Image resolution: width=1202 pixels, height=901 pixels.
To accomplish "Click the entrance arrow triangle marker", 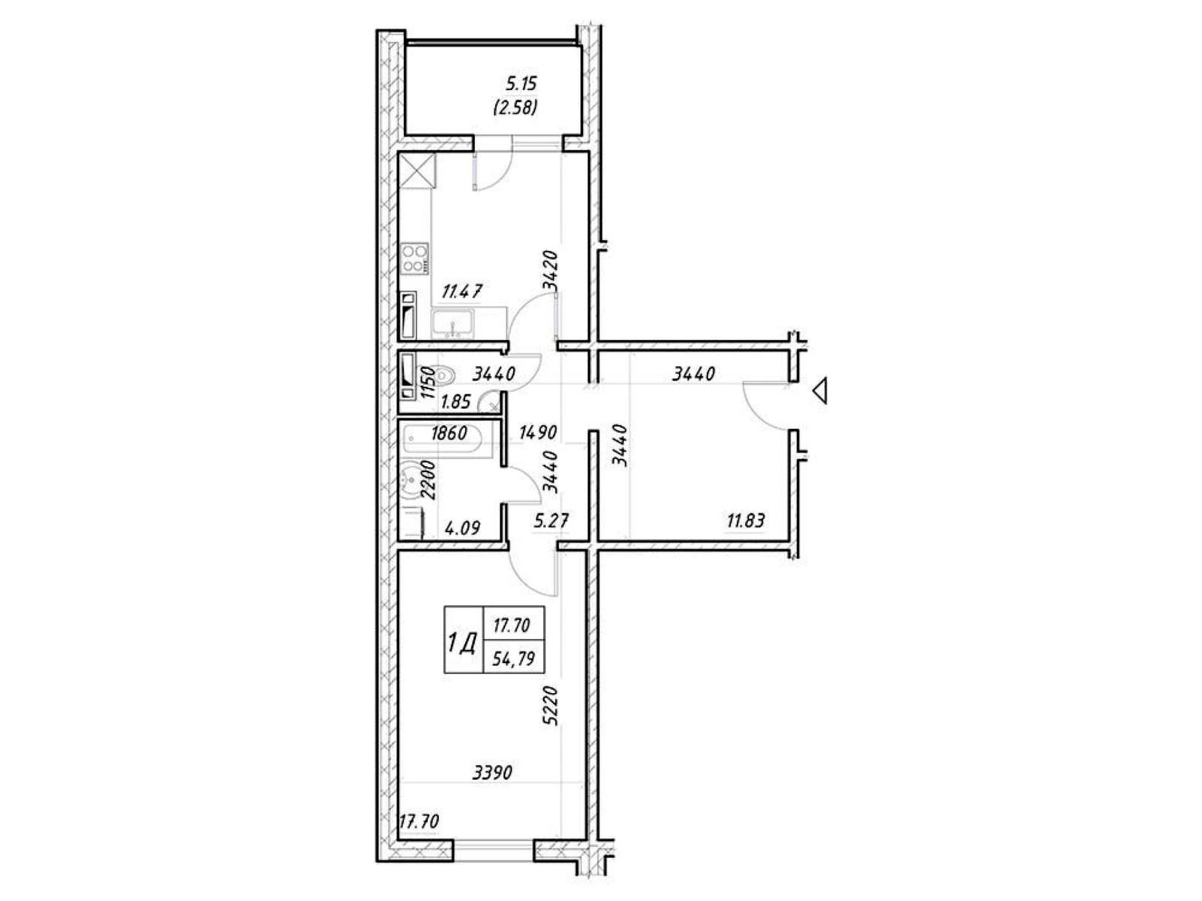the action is click(820, 391).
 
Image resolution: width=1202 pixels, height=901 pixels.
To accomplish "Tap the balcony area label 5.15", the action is click(521, 84).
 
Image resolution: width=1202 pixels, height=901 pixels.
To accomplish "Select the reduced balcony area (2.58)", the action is click(515, 107).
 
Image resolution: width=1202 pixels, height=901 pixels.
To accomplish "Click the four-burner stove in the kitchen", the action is click(415, 259).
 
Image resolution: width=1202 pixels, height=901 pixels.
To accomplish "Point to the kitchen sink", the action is click(452, 324).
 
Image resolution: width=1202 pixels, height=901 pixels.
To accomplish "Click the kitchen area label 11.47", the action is click(462, 292).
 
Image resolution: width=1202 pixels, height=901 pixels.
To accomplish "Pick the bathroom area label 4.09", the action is click(463, 528).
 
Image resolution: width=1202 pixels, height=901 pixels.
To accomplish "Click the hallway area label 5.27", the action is click(551, 520).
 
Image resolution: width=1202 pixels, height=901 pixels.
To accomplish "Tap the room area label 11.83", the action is click(745, 520).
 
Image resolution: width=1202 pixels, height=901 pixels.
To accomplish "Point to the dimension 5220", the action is click(550, 706).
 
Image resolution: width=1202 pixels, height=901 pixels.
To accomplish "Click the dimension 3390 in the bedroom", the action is click(492, 773).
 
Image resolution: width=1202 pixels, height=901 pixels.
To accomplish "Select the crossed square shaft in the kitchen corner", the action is click(417, 171).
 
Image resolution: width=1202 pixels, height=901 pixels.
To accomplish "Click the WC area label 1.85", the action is click(455, 402).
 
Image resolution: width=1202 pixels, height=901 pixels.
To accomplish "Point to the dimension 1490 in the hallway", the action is click(538, 433).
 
